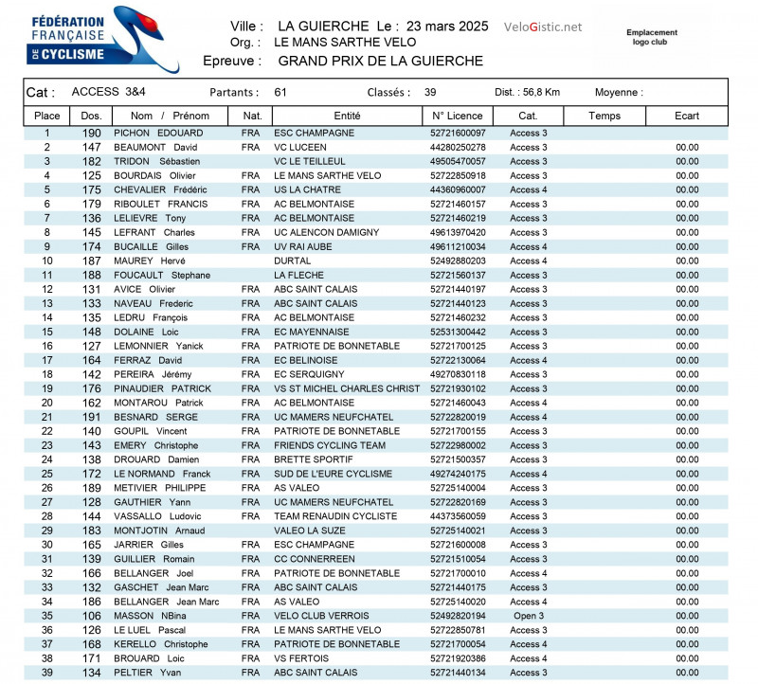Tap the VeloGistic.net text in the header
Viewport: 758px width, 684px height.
543,27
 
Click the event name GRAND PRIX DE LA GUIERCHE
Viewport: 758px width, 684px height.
380,61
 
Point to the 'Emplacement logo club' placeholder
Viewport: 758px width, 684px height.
652,37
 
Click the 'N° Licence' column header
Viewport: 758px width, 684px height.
457,116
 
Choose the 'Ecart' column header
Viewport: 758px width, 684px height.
687,116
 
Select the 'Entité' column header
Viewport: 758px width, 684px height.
347,116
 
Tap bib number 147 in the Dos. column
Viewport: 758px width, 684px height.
91,148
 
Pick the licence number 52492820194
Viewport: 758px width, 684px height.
458,616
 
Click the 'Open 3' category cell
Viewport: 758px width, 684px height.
528,616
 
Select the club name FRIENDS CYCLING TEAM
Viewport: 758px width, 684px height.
330,445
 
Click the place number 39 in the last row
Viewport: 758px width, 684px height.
46,673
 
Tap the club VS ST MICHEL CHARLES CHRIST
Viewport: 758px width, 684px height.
347,388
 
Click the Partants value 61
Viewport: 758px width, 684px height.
280,92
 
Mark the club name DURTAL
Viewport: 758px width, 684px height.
292,261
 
